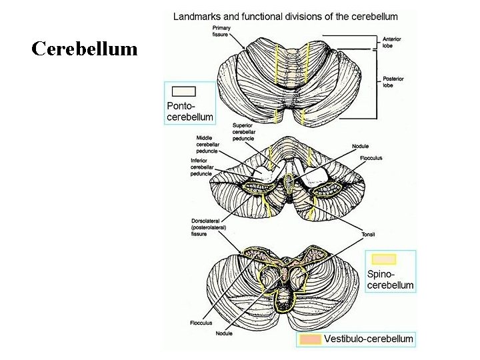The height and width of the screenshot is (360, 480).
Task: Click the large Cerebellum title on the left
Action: (x=85, y=49)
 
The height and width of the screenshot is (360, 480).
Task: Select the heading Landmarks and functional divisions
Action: (x=285, y=16)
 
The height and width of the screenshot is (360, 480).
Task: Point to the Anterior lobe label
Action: (x=392, y=41)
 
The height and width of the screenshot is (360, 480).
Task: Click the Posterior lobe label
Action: (x=393, y=82)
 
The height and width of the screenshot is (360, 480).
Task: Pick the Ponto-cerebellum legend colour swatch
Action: (x=183, y=92)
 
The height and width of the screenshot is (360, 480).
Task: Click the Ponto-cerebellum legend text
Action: (x=190, y=111)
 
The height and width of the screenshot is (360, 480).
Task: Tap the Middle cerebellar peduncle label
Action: (x=209, y=143)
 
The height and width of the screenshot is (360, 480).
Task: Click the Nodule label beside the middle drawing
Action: (x=360, y=146)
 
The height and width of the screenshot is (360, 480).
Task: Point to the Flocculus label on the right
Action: (x=371, y=158)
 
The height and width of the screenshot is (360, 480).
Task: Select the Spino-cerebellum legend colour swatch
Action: (x=384, y=259)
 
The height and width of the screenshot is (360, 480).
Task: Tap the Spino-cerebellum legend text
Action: (x=390, y=280)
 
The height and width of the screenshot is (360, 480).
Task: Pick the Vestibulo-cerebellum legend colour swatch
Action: (x=311, y=339)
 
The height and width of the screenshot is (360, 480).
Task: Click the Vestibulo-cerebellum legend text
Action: (x=369, y=339)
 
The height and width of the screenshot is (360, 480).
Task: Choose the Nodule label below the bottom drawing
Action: (x=224, y=333)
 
